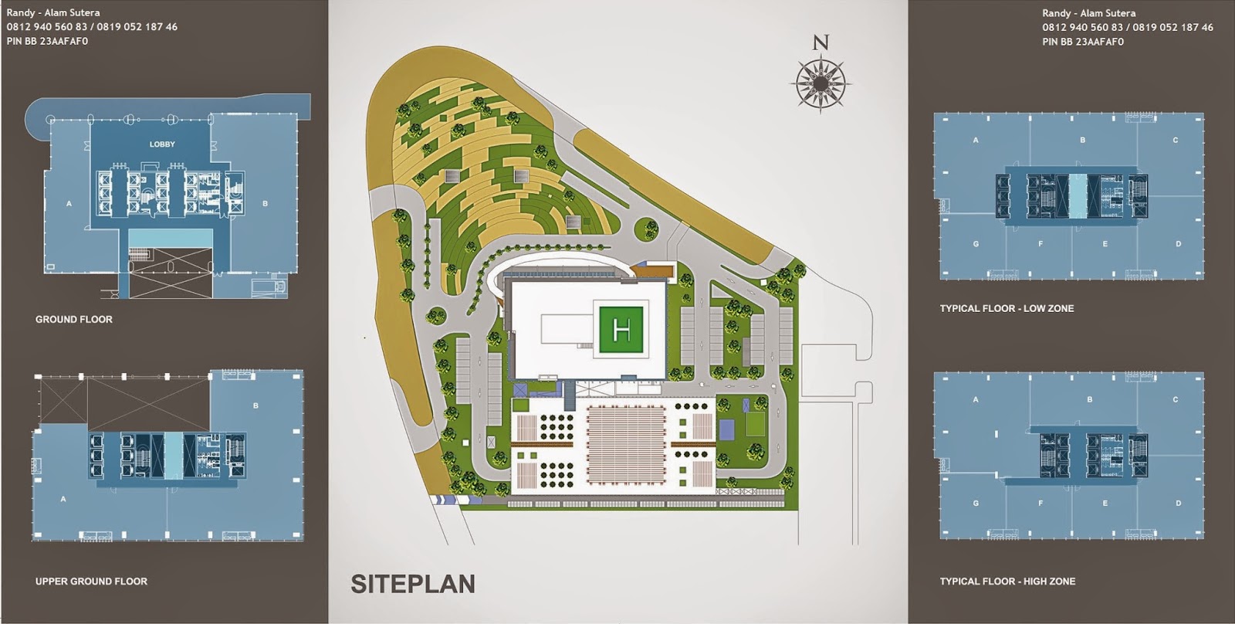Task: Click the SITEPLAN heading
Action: point(413,584)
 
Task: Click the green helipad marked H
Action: point(621,330)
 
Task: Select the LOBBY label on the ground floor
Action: point(162,144)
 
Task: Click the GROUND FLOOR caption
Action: point(74,319)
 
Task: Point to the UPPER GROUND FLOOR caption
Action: point(91,581)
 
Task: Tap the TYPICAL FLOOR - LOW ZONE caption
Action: point(1007,308)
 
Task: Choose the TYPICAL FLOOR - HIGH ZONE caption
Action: point(1007,581)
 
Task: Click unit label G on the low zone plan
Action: point(976,244)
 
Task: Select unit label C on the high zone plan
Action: point(1175,400)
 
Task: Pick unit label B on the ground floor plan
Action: point(265,204)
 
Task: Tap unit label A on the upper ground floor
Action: point(63,499)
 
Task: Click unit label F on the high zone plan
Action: point(1040,504)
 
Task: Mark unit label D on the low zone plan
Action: point(1178,244)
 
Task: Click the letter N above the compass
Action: point(821,43)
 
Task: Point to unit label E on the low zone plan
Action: point(1105,244)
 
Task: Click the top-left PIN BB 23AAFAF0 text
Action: point(47,41)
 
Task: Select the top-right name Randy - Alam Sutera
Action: point(1088,13)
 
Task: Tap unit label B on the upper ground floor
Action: point(255,405)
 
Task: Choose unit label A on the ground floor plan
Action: point(69,204)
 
